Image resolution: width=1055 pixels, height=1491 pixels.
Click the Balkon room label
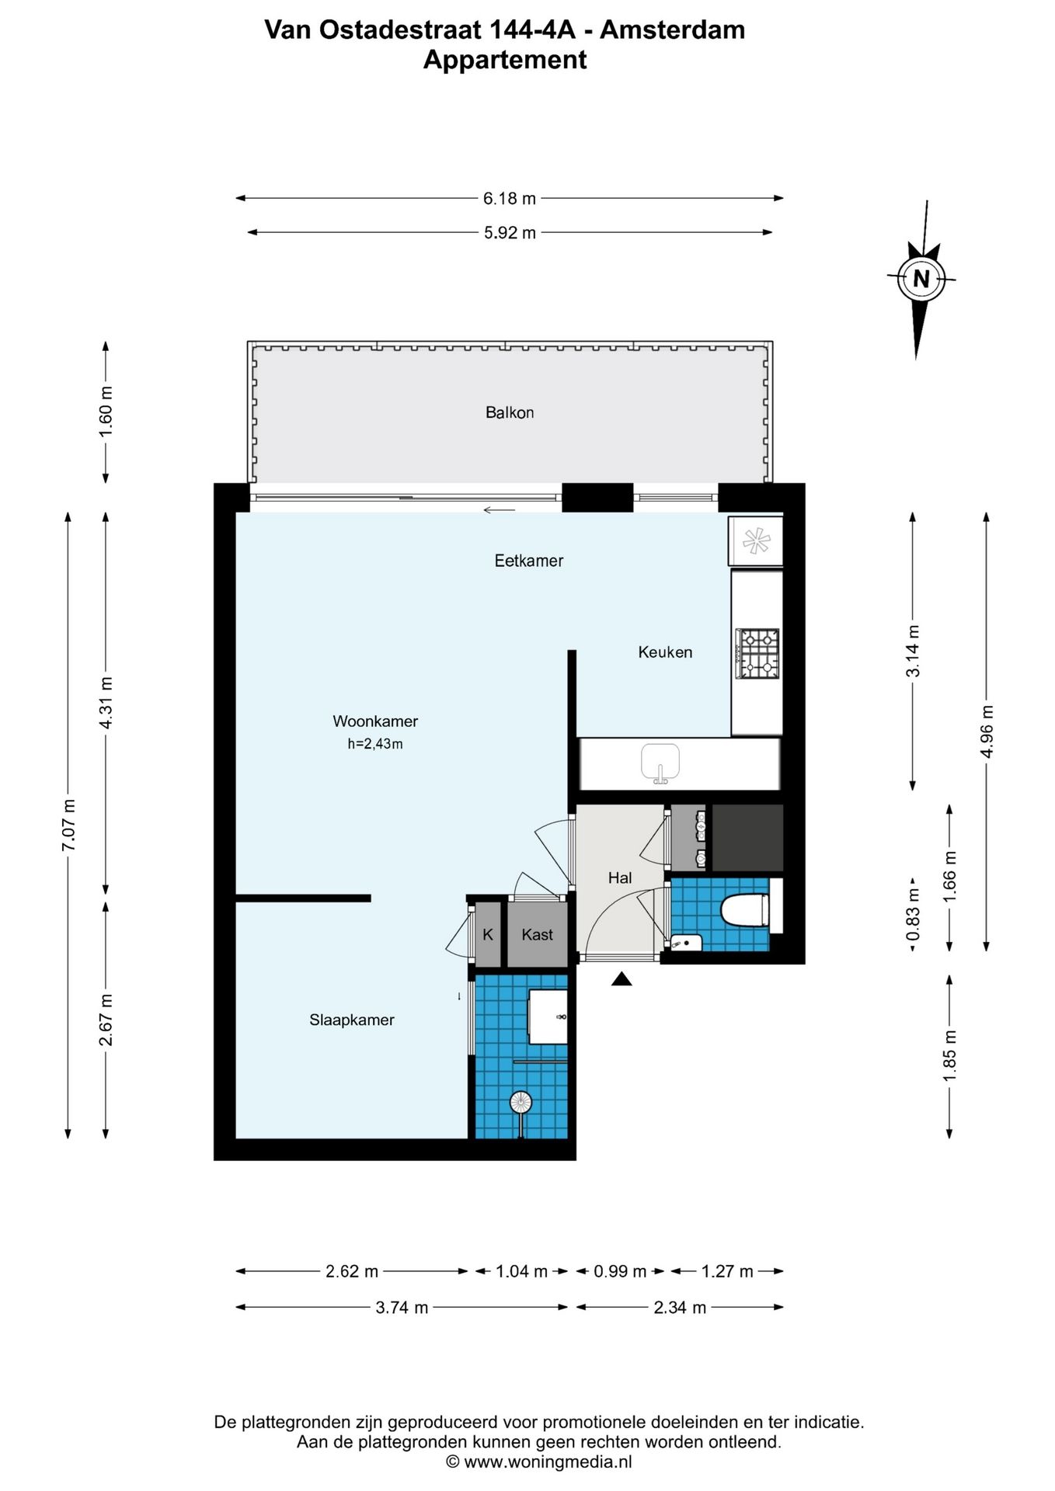(x=510, y=412)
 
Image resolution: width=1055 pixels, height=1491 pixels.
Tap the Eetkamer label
(x=529, y=561)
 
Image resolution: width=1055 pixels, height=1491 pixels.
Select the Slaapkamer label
(x=352, y=1020)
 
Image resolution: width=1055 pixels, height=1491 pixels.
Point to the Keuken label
(x=665, y=652)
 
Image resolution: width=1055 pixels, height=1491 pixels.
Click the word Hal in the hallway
(x=620, y=878)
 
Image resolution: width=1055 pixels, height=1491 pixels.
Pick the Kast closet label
(x=537, y=935)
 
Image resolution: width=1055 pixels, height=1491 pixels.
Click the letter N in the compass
(x=921, y=279)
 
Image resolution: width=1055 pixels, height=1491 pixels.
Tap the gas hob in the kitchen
(x=758, y=653)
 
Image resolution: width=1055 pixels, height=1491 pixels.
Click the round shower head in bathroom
(x=521, y=1102)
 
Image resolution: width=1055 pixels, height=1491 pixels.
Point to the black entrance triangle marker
(x=622, y=979)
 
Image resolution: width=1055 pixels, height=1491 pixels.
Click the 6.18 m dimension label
(x=510, y=199)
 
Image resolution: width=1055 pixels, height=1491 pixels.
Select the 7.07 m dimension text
(x=68, y=825)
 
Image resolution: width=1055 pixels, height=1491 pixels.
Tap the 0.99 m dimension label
(x=620, y=1271)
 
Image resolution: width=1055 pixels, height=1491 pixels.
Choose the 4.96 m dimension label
(x=987, y=732)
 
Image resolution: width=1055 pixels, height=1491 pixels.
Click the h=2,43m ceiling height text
(x=375, y=744)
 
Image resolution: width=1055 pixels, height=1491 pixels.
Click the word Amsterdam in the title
(x=673, y=30)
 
